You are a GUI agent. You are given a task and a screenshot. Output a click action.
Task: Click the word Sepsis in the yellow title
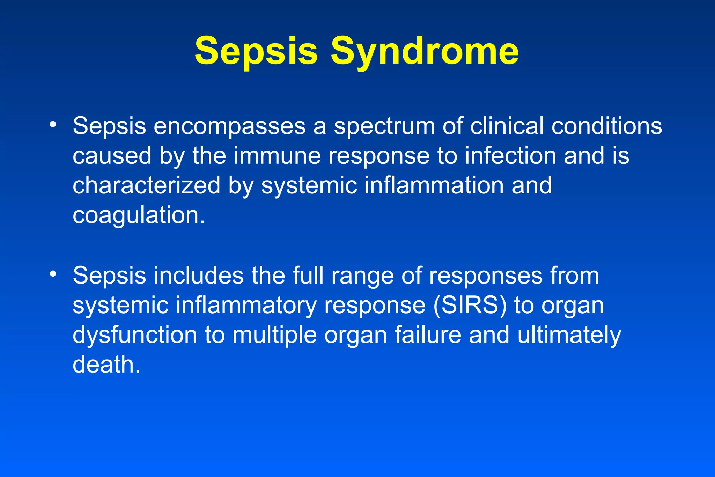click(256, 52)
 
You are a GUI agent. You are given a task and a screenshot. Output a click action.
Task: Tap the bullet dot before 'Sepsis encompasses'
click(53, 125)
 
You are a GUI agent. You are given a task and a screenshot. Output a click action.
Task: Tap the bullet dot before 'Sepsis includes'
click(53, 274)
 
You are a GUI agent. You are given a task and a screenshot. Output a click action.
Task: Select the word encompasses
click(229, 126)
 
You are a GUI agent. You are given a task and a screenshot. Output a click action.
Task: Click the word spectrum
click(384, 126)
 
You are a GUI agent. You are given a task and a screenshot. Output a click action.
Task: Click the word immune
click(277, 156)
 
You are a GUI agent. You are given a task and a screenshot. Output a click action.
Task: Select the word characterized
click(146, 185)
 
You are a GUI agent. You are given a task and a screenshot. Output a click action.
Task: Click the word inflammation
click(434, 185)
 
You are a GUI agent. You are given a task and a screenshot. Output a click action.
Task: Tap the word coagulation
click(139, 216)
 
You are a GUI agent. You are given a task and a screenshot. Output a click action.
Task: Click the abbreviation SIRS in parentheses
click(470, 306)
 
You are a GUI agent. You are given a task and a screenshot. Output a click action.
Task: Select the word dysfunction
click(135, 335)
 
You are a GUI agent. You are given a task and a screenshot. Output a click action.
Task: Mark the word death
click(106, 365)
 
